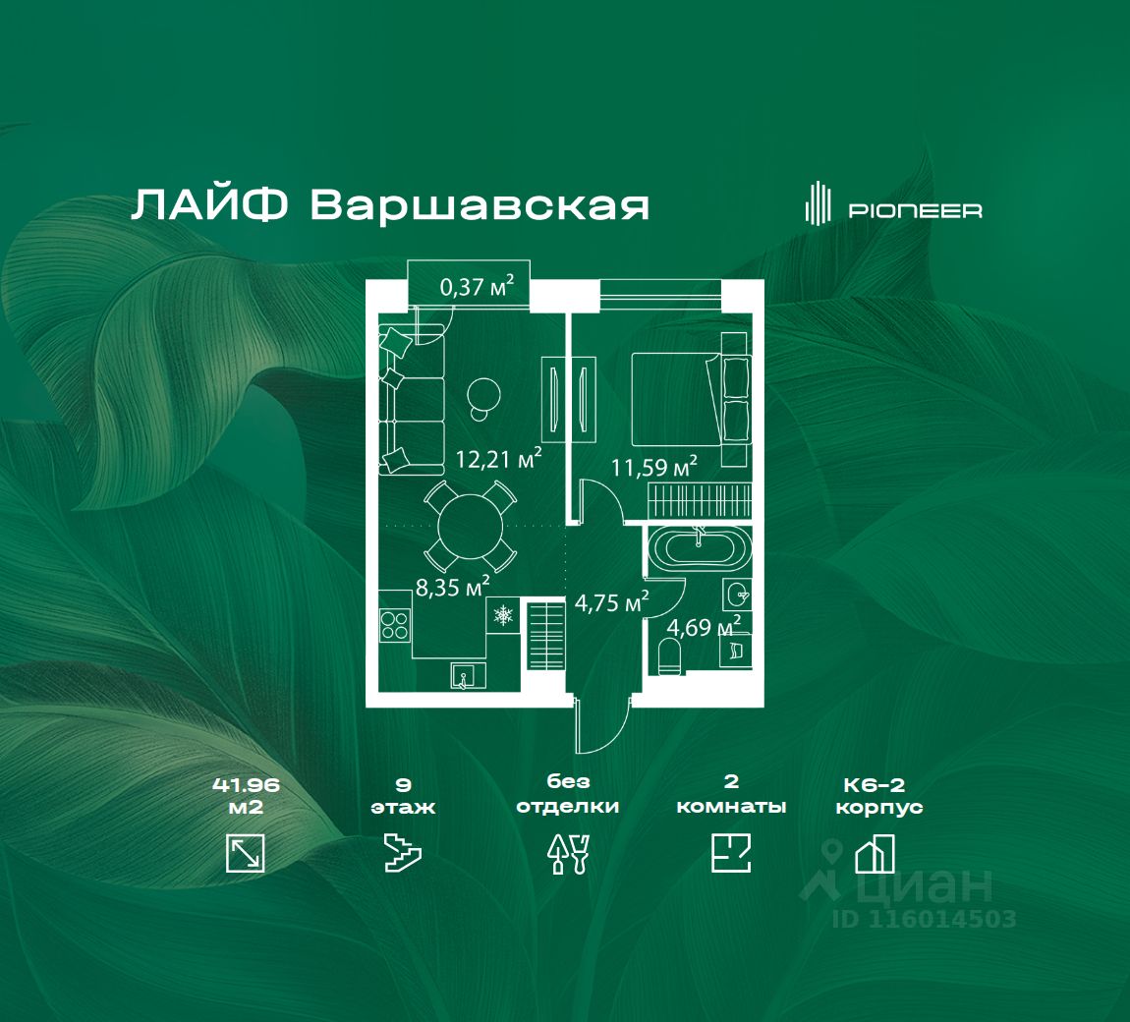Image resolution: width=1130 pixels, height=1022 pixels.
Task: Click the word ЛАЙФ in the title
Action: click(209, 205)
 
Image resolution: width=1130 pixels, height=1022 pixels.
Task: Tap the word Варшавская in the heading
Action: click(480, 205)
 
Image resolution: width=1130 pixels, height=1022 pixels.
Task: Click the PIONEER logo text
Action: click(915, 210)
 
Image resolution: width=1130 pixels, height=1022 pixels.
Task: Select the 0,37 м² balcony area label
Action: click(478, 286)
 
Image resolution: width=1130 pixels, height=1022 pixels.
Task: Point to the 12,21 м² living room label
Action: click(498, 458)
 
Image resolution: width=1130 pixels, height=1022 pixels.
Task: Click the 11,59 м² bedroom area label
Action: click(653, 467)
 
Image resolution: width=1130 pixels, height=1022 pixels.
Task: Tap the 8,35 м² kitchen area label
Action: click(452, 586)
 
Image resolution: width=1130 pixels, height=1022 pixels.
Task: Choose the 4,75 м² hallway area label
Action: click(611, 601)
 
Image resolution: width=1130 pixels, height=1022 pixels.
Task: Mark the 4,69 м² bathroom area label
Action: click(703, 626)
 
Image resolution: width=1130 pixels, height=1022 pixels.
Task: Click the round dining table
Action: click(471, 526)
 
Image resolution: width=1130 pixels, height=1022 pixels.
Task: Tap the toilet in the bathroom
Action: click(670, 656)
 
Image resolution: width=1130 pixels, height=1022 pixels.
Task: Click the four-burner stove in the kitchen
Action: click(395, 624)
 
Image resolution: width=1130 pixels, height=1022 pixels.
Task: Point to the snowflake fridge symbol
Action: click(502, 615)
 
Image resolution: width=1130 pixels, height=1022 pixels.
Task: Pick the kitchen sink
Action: click(468, 676)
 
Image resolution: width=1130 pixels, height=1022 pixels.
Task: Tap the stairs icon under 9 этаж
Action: click(403, 853)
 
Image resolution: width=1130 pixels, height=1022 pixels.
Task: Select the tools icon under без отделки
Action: click(569, 854)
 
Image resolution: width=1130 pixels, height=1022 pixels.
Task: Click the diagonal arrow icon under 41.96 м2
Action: click(245, 853)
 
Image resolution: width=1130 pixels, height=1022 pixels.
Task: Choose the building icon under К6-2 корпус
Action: click(875, 853)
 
